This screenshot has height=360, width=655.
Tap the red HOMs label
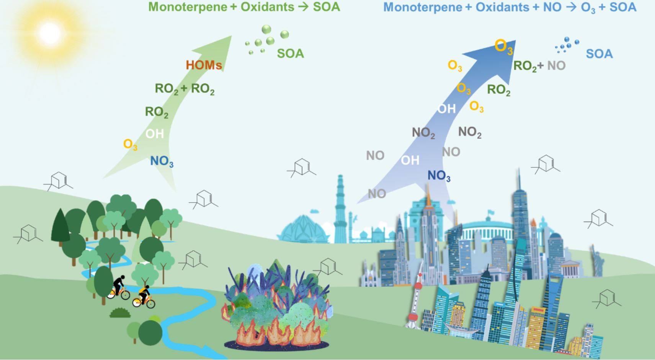point(204,65)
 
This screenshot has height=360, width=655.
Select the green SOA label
point(290,54)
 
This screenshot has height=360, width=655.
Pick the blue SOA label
point(599,54)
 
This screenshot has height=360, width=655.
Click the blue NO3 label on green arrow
point(162,161)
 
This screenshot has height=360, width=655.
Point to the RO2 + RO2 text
point(185,89)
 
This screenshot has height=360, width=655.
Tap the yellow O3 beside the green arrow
point(130,145)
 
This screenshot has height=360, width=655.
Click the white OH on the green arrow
point(155,134)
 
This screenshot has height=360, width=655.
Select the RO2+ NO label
point(539,66)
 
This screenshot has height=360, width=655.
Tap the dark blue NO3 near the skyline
point(439,176)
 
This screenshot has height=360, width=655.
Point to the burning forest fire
point(276,306)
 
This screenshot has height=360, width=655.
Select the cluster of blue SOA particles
point(566,45)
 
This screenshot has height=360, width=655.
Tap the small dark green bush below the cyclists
point(120,313)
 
